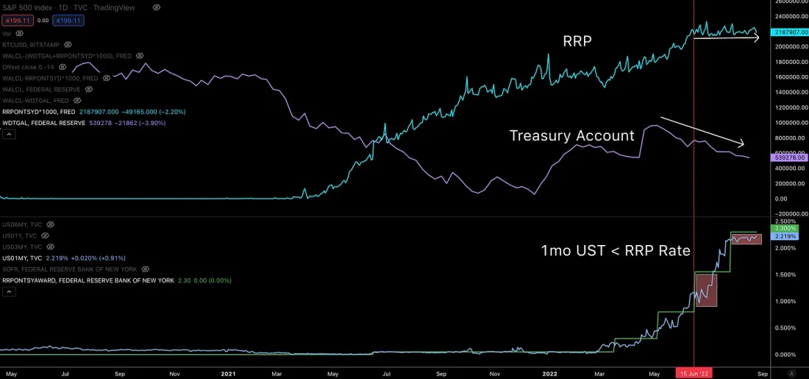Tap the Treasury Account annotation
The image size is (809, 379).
click(572, 135)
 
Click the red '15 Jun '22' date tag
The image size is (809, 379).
click(694, 373)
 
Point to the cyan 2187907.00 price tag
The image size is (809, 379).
click(789, 32)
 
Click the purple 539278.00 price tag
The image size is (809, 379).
click(789, 157)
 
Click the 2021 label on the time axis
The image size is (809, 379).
click(228, 373)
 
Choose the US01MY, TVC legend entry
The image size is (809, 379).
click(24, 258)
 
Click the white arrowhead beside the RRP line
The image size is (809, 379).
click(756, 38)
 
